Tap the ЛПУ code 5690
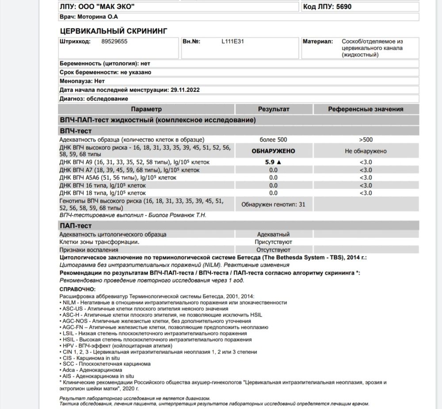(x=343, y=7)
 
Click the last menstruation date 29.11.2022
(x=185, y=90)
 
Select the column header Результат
(x=274, y=109)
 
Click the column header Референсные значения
(x=366, y=109)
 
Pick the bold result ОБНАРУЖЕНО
(x=273, y=151)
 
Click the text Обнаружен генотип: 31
(x=273, y=205)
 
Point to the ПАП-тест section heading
(x=76, y=226)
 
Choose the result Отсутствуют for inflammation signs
(x=273, y=250)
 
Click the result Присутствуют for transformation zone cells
(x=273, y=242)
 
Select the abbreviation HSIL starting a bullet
(x=70, y=340)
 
